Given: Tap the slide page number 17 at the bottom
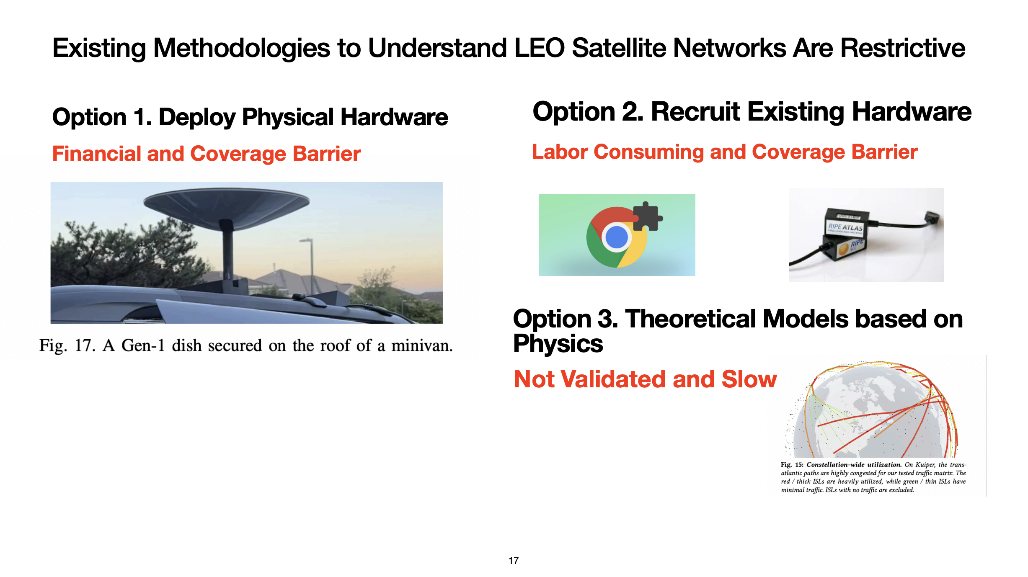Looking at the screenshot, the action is (514, 561).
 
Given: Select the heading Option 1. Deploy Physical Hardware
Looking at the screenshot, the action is (250, 117).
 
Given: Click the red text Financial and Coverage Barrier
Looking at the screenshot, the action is (207, 154).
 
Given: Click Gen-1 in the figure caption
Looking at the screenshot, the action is (143, 346).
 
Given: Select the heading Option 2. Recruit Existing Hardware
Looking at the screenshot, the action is (752, 112).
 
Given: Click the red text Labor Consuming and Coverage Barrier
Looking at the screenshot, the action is (725, 152).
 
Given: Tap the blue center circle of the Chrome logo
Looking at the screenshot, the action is (617, 237).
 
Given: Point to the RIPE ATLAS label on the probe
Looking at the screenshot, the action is (845, 227).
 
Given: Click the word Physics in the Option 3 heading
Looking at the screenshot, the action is (558, 344).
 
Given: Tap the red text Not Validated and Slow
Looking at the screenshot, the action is (645, 379).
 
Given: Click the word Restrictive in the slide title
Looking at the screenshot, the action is (903, 48).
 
